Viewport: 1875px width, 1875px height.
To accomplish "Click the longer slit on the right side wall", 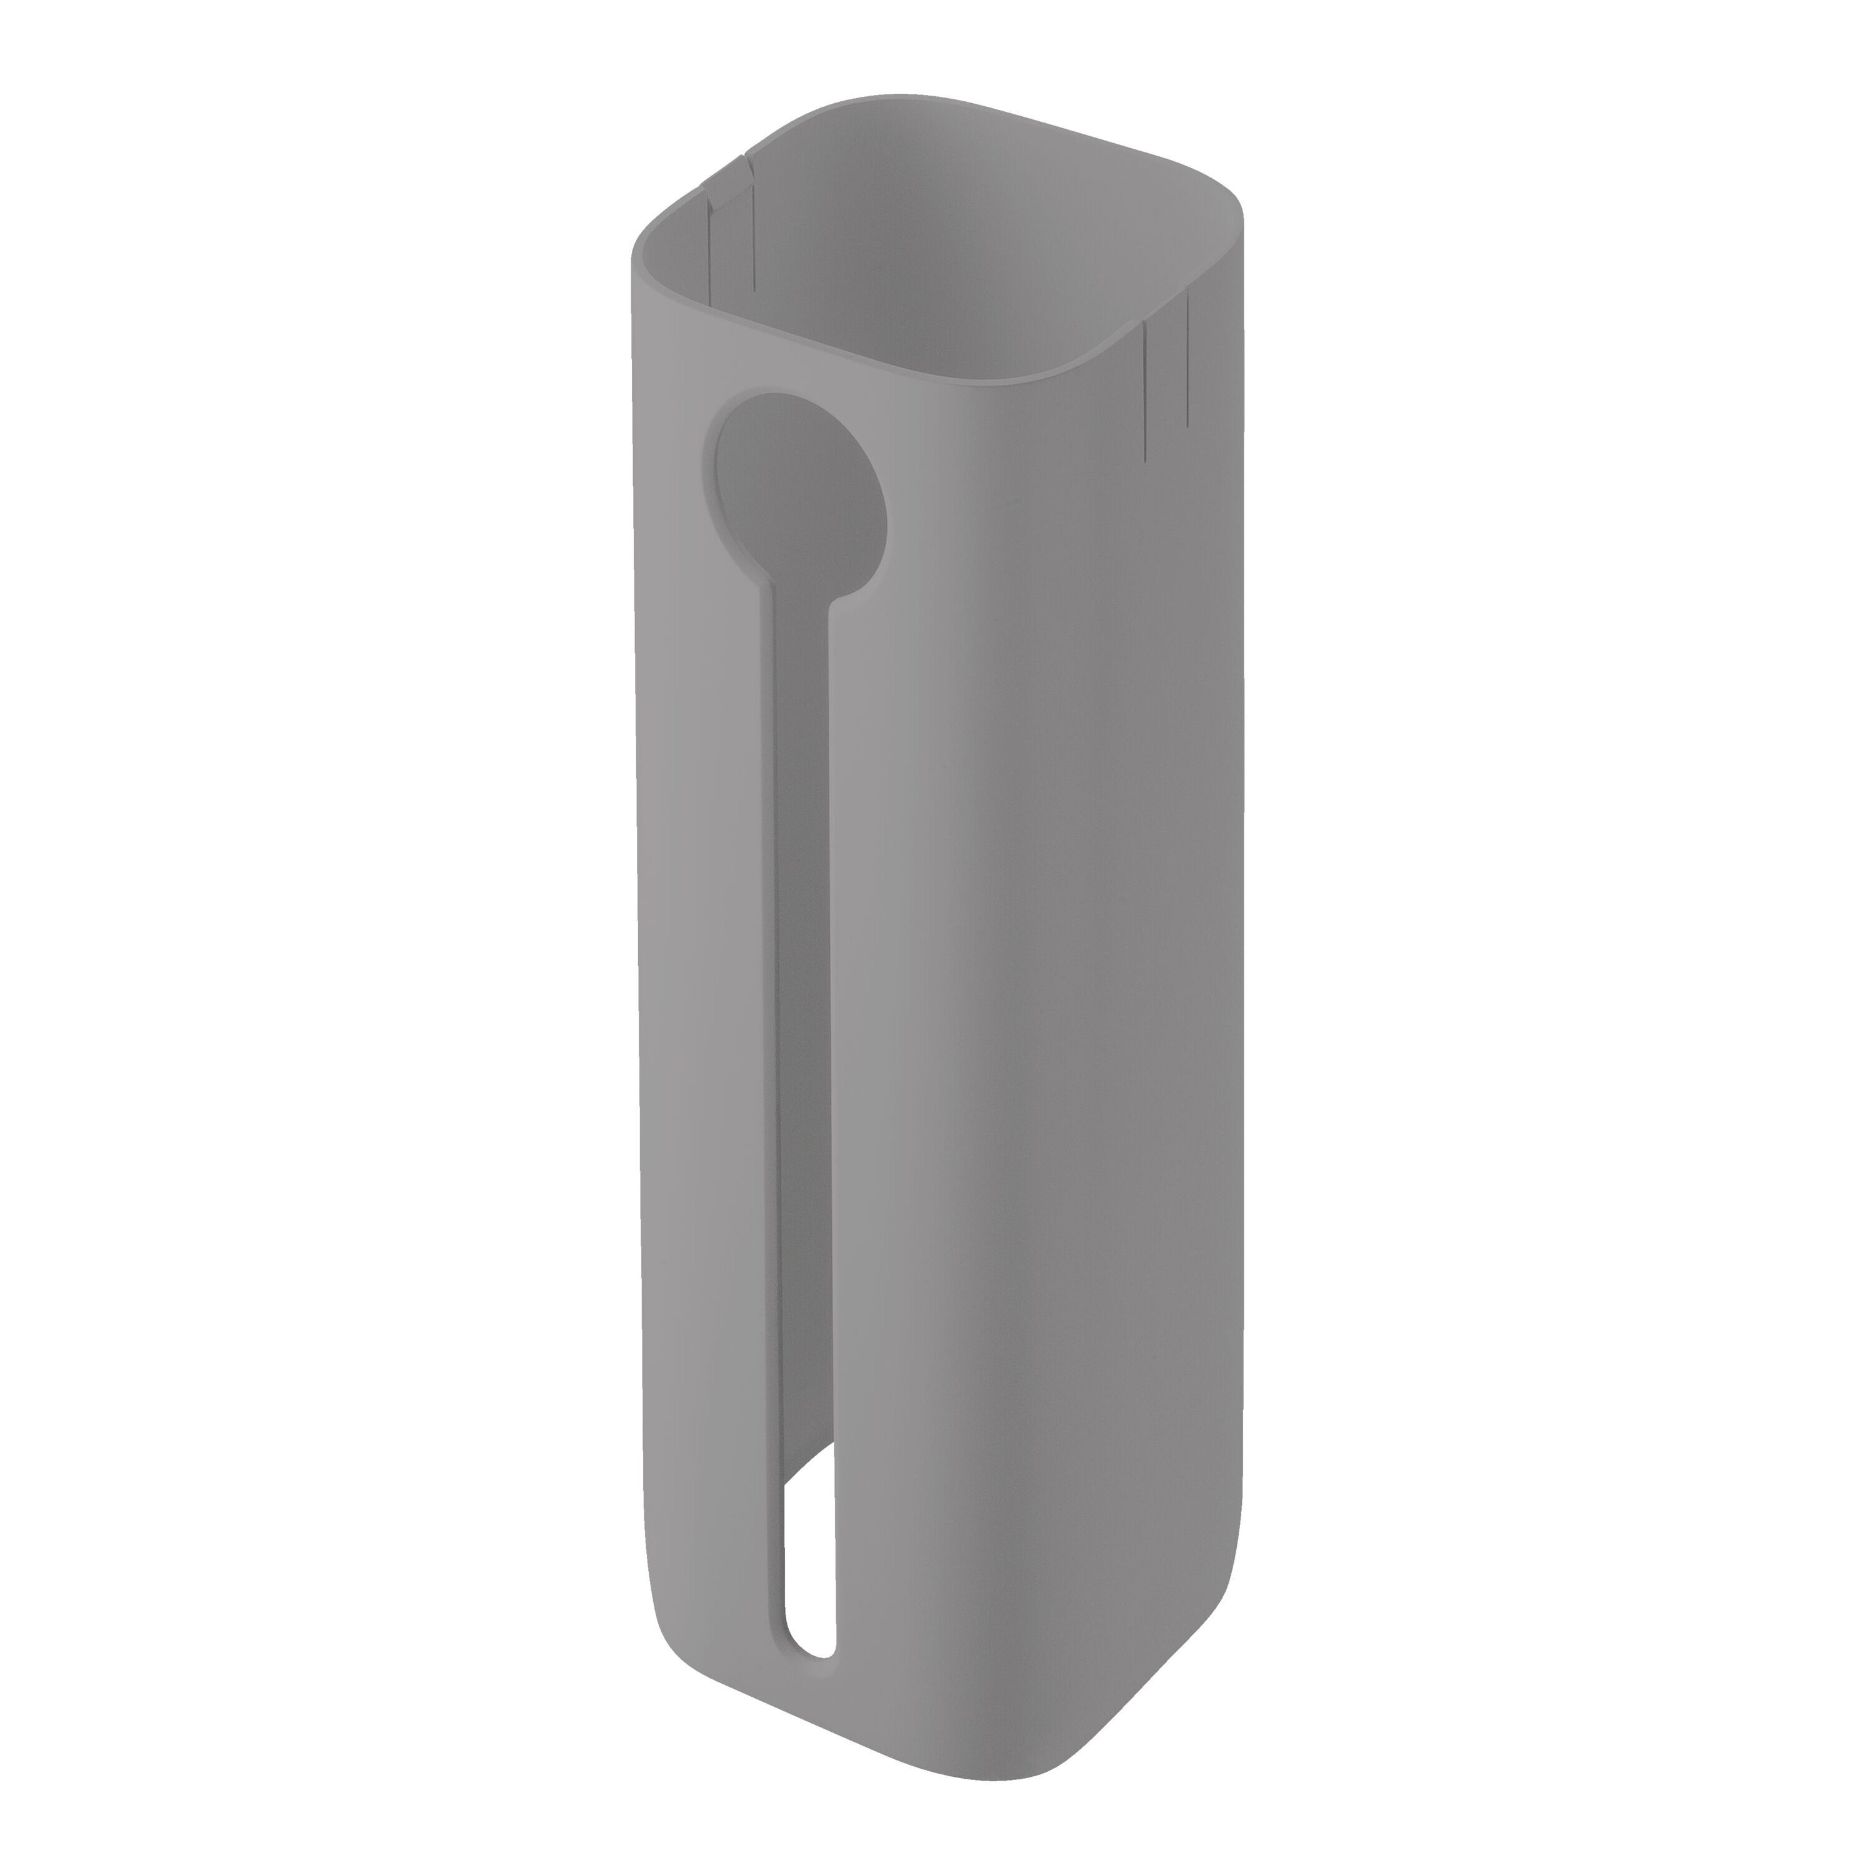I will click(x=1147, y=388).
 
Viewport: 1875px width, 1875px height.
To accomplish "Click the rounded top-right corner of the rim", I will click(x=1225, y=209).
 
